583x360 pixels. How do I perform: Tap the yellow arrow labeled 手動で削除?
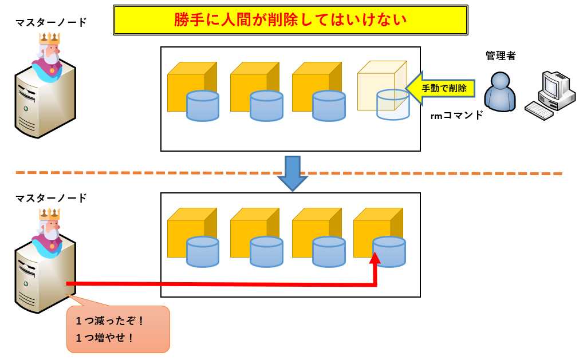(x=441, y=89)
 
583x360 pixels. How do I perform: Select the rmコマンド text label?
(x=456, y=115)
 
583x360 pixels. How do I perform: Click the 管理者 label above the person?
(x=500, y=56)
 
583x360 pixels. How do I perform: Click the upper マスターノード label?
(x=51, y=23)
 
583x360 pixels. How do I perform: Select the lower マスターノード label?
(x=51, y=199)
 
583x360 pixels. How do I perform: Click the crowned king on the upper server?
(x=48, y=57)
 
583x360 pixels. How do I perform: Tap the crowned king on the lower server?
(x=48, y=232)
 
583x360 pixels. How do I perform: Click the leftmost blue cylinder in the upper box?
(x=203, y=106)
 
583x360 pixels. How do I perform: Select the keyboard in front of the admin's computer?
(x=539, y=110)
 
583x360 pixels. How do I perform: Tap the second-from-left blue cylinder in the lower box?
(x=266, y=251)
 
